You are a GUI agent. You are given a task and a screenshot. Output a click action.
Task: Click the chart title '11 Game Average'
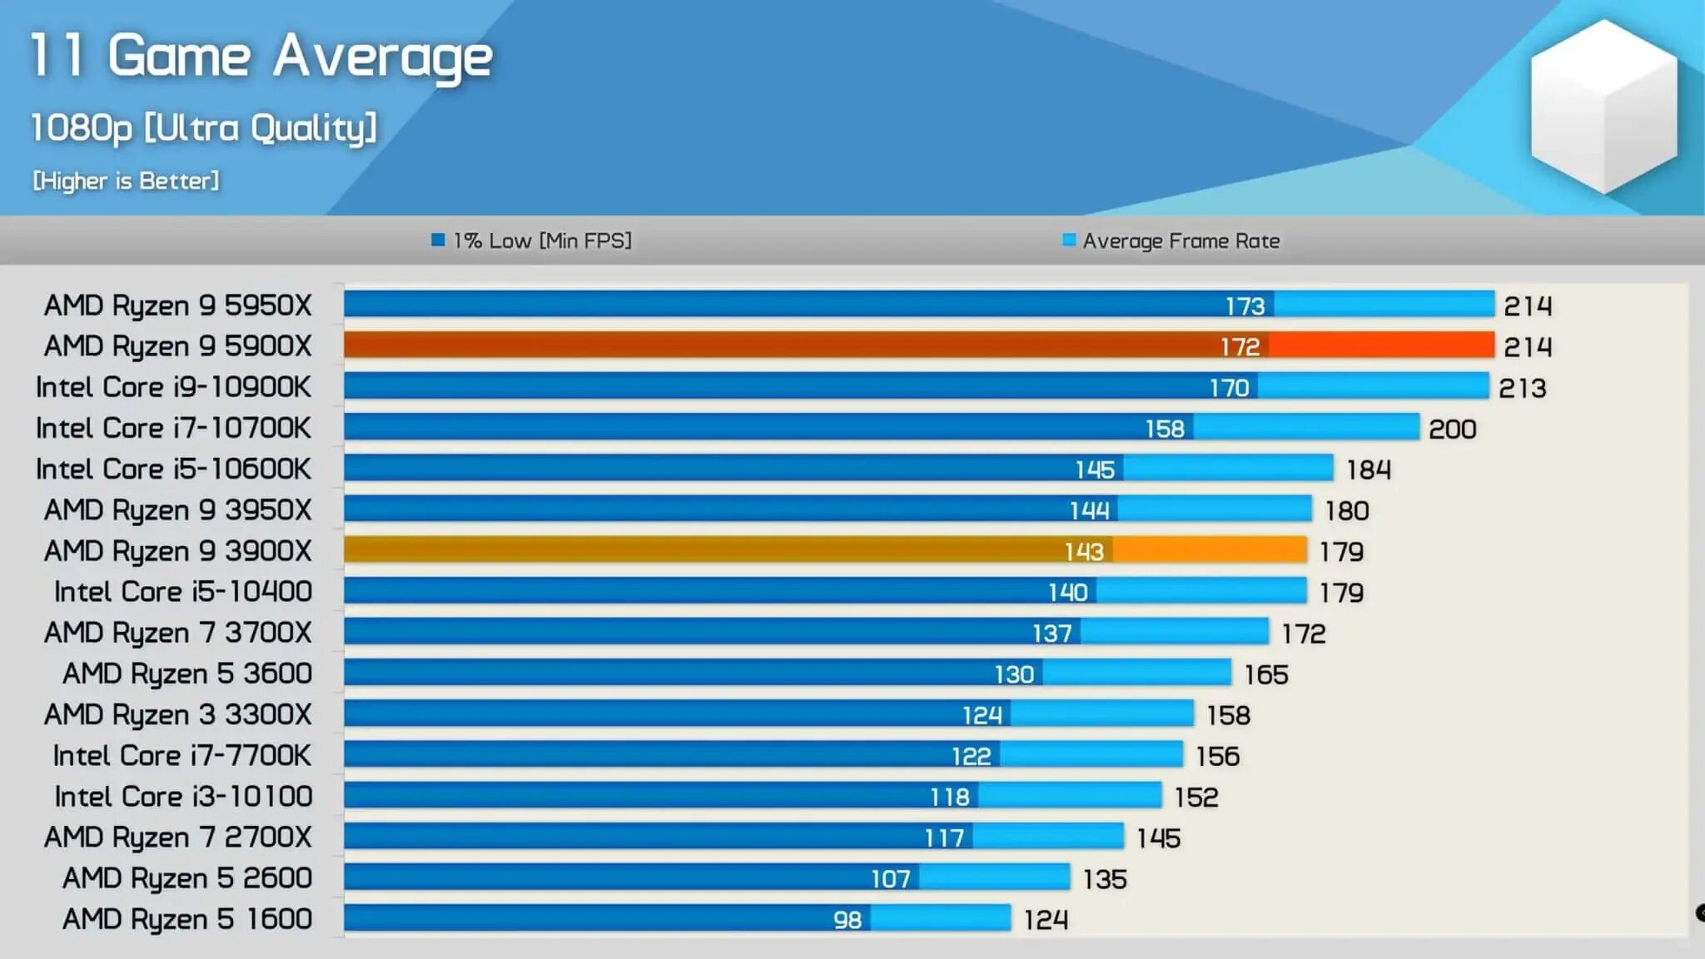pos(261,57)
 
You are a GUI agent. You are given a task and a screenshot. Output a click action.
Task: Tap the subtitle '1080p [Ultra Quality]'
pos(204,128)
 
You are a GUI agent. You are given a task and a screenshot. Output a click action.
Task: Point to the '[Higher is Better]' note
pos(126,181)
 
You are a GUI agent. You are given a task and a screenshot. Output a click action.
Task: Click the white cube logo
pos(1603,107)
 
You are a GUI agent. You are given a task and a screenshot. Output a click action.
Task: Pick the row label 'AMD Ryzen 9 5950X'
pos(177,305)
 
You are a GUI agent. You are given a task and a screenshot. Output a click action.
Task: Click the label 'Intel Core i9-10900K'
pos(173,386)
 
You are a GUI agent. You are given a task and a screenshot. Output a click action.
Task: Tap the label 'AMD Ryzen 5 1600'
pos(187,918)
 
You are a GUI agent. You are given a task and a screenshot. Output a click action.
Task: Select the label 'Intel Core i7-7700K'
pos(181,755)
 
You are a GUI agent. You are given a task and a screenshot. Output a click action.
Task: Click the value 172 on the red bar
pos(1240,346)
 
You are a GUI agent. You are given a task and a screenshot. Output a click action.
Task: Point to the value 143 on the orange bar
pos(1084,551)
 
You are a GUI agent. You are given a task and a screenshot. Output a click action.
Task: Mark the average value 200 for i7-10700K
pos(1452,429)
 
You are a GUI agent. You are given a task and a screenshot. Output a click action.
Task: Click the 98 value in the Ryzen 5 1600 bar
pos(848,919)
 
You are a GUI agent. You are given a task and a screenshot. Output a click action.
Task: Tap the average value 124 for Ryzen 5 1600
pos(1046,919)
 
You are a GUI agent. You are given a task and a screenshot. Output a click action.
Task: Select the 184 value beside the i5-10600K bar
pos(1369,470)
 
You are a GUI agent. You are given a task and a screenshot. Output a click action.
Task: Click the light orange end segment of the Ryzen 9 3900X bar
pos(1210,549)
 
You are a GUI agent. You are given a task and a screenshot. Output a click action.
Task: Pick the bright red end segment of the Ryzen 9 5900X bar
pos(1382,345)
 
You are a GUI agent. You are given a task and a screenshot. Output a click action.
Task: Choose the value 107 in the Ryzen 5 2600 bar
pos(890,878)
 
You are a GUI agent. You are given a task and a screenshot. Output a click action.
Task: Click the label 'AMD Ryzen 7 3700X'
pos(177,632)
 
